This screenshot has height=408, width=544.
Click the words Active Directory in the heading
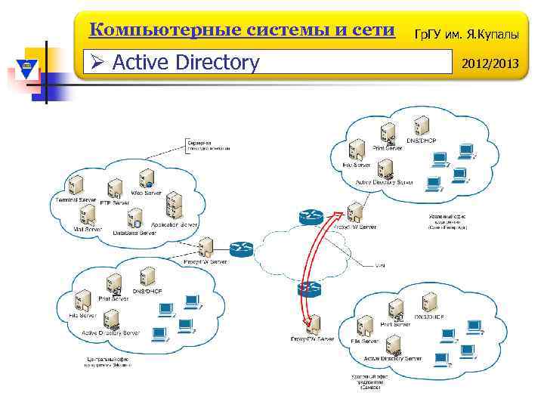coord(185,62)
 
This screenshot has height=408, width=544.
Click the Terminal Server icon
coord(76,186)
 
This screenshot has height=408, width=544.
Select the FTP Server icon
coord(114,190)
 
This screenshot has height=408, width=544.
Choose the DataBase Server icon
coord(135,219)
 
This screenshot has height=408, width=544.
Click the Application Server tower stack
coord(175,205)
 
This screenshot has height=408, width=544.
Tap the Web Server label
coord(147,193)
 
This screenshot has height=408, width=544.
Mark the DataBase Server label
coord(134,233)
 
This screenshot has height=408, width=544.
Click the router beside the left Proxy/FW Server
coord(242,249)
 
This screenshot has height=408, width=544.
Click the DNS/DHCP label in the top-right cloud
coord(422,141)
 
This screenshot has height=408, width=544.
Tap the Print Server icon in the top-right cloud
coord(388,134)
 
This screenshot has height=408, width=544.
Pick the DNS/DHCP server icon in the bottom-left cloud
coord(147,279)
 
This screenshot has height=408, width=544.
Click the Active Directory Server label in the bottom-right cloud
coord(392,358)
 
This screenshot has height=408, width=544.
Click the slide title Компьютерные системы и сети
coord(242,31)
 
